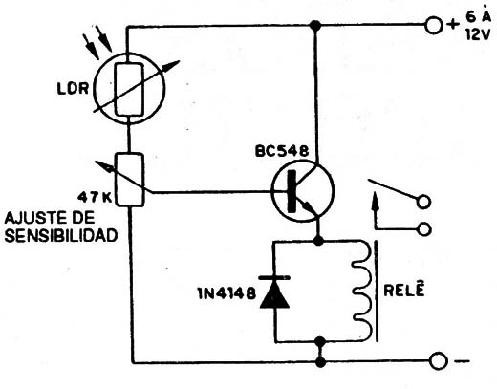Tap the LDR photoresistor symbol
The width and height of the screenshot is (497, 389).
[129, 89]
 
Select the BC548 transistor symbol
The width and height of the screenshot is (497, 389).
[302, 191]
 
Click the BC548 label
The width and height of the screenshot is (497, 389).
[282, 151]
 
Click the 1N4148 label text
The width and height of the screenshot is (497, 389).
[227, 293]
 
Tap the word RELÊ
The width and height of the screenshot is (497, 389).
[404, 290]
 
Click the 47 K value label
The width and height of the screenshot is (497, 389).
[95, 198]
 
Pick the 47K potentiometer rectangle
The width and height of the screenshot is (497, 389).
[129, 180]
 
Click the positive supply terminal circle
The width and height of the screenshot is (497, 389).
[434, 25]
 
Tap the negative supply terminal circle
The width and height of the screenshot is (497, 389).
[439, 361]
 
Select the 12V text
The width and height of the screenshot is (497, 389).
[477, 34]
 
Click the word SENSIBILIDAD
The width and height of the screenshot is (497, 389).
[61, 236]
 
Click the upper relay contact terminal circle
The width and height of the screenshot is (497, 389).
[423, 202]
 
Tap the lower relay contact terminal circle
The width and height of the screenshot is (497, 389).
[424, 229]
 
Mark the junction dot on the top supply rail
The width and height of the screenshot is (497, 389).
[315, 25]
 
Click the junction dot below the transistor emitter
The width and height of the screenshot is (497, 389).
[318, 241]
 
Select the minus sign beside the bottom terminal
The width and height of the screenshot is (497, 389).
[462, 361]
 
